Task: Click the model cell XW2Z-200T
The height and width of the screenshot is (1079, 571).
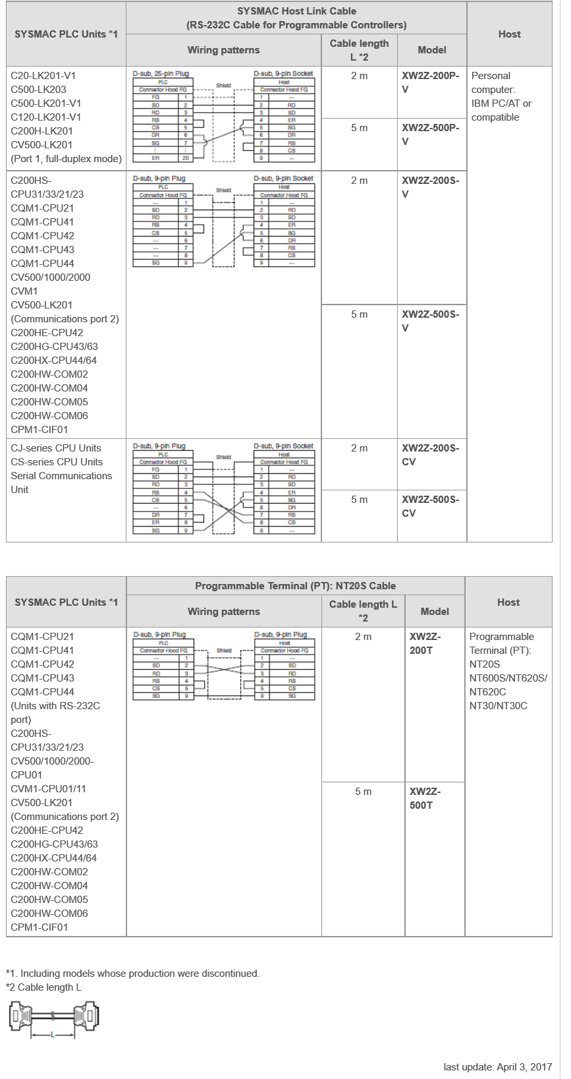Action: pyautogui.click(x=425, y=643)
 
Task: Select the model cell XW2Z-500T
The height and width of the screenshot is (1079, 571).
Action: pyautogui.click(x=425, y=798)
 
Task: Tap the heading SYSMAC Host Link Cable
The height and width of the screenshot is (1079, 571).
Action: pyautogui.click(x=296, y=11)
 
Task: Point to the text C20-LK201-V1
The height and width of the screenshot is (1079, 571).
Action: pyautogui.click(x=43, y=76)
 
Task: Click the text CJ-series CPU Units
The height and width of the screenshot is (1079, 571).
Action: pyautogui.click(x=56, y=448)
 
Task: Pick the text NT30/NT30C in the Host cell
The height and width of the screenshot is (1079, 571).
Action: pyautogui.click(x=498, y=706)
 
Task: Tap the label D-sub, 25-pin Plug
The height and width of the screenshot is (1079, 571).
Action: pyautogui.click(x=159, y=74)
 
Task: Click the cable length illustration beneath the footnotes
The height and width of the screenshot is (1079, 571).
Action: pyautogui.click(x=53, y=1020)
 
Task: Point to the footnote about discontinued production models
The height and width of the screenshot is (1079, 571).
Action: pyautogui.click(x=133, y=974)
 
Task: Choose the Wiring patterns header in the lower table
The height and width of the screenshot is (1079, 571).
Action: pyautogui.click(x=224, y=612)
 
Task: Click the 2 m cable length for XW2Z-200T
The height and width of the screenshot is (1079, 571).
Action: pyautogui.click(x=363, y=637)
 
